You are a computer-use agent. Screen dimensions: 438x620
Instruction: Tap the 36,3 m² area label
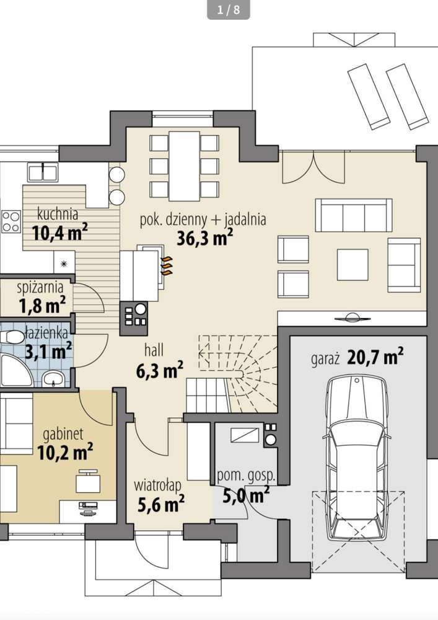coord(204,238)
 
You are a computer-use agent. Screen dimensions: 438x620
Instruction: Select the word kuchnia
coord(58,214)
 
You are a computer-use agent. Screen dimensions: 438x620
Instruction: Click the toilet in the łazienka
coord(12,337)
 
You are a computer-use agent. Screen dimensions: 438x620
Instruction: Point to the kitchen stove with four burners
coord(11,221)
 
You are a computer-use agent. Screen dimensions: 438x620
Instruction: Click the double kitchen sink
coord(43,172)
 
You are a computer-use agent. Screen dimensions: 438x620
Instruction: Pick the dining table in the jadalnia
coord(185,166)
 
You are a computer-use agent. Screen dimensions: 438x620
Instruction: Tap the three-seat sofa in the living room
coord(354,215)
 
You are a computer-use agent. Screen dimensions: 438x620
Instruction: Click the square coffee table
coord(353,265)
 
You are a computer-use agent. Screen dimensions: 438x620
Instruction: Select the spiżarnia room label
coord(40,287)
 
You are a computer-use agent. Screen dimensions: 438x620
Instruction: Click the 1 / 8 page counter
coord(229,9)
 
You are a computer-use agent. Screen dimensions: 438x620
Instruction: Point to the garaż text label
coord(325,360)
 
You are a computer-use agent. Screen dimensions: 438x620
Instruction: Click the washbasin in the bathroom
coord(53,379)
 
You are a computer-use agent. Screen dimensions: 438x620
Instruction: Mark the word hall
coord(154,350)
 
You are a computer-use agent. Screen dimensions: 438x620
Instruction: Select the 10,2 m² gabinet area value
coord(65,451)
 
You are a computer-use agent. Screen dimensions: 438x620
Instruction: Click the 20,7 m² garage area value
coord(375,357)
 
